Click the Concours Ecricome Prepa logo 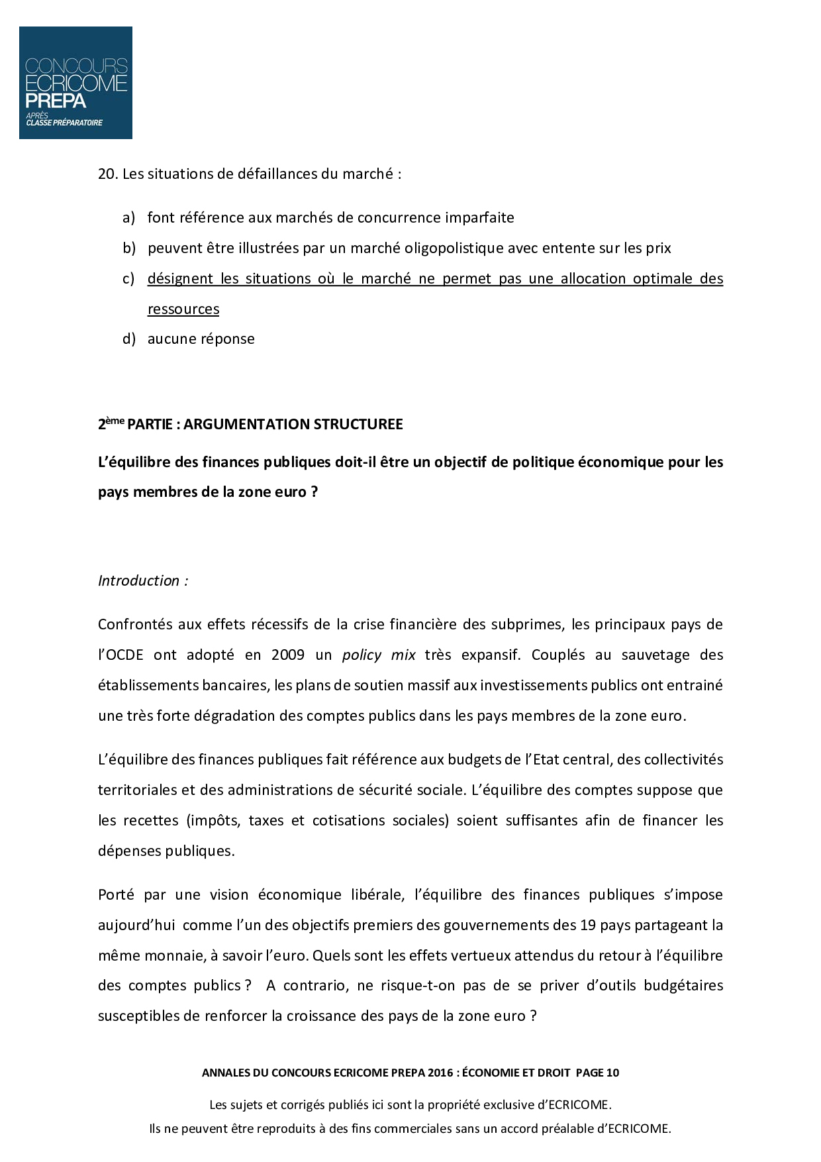75,83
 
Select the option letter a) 128,217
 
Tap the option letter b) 128,248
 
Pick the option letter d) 128,339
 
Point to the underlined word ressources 183,309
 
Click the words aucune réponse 201,339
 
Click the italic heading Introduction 140,580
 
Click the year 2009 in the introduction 287,655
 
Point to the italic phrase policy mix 379,655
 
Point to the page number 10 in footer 612,1073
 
